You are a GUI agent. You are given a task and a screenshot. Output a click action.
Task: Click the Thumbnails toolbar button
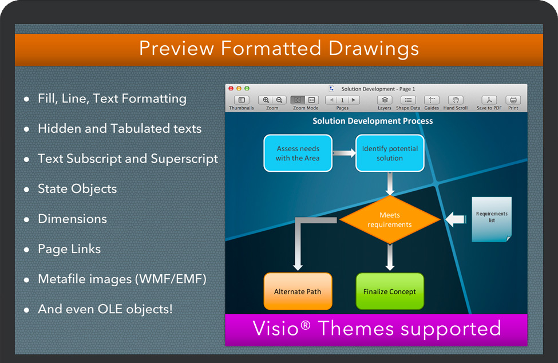tap(241, 100)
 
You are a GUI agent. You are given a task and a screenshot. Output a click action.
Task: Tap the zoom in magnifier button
tap(266, 100)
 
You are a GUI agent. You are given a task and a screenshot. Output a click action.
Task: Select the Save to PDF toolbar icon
tap(489, 100)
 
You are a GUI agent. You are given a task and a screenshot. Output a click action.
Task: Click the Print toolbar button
tap(513, 100)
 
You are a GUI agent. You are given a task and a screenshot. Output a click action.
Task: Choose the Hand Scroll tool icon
tap(455, 100)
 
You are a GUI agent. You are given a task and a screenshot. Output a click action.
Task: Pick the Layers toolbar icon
tap(385, 100)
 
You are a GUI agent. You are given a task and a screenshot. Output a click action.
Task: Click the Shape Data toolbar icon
tap(408, 100)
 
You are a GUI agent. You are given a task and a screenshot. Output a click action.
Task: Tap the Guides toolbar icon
tap(432, 100)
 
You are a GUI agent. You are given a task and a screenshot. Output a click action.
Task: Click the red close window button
tap(231, 89)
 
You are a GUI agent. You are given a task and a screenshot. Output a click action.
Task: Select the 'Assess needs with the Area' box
tap(298, 153)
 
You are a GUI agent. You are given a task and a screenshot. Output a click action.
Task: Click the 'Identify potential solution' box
tap(390, 153)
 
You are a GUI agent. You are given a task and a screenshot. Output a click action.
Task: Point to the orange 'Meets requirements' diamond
tap(390, 220)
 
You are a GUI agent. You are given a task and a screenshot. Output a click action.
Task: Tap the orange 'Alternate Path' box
tap(298, 291)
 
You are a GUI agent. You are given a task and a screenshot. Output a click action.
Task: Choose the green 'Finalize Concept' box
tap(390, 291)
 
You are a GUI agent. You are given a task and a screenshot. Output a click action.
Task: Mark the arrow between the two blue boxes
tap(344, 153)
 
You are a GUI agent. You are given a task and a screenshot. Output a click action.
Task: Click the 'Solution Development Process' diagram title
tap(373, 121)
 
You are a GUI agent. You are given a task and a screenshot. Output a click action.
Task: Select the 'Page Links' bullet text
tap(69, 249)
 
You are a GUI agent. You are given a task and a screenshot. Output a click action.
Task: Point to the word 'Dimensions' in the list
tap(72, 219)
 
